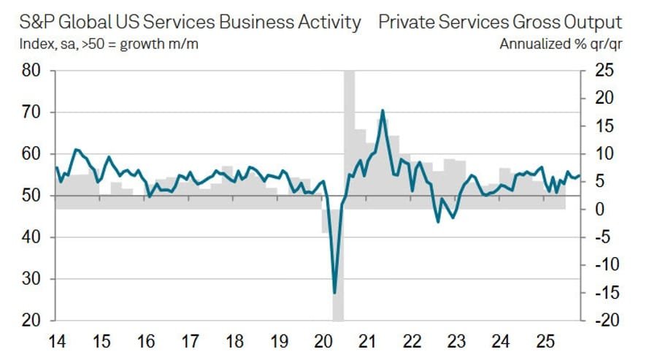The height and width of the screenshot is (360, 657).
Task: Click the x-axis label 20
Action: [323, 340]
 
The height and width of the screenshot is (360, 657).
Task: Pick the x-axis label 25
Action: [544, 340]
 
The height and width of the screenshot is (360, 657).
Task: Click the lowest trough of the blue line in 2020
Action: [334, 293]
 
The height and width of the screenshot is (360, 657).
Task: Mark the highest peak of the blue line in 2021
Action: [383, 110]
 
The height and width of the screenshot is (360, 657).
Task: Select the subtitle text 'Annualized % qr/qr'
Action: [561, 44]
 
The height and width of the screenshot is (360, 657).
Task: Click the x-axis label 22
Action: [412, 340]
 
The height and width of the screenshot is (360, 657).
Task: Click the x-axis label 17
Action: [190, 340]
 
